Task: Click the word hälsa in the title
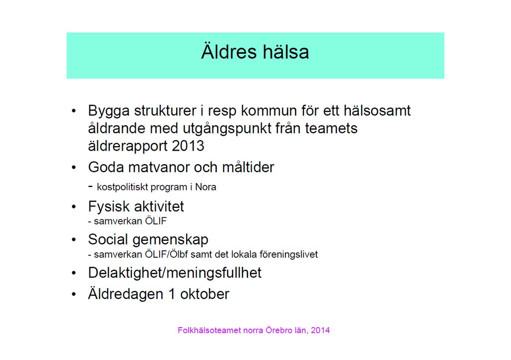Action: pos(286,51)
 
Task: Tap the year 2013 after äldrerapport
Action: pos(188,146)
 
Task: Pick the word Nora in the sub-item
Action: pos(206,187)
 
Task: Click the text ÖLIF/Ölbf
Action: pos(167,254)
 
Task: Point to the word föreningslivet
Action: pos(288,254)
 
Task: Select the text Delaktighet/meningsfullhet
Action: pos(175,273)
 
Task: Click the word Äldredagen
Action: pos(125,294)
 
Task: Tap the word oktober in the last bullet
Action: pos(205,294)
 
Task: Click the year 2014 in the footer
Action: pos(320,331)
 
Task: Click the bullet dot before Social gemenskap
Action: pos(74,240)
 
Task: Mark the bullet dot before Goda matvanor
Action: pos(74,168)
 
